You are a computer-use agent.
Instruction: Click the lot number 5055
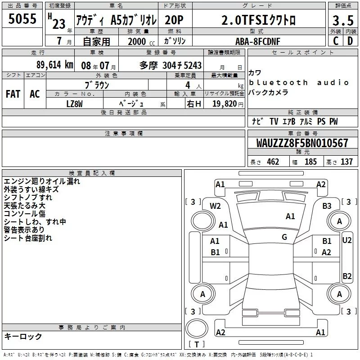click(x=22, y=19)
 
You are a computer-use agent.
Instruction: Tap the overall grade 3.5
click(x=343, y=20)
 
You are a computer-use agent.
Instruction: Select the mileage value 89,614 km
click(x=54, y=65)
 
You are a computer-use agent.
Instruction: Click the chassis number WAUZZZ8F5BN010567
click(x=302, y=143)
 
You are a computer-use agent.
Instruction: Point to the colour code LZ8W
click(x=74, y=104)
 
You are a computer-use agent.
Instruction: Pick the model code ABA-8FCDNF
click(x=258, y=41)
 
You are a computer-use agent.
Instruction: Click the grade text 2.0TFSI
click(x=245, y=20)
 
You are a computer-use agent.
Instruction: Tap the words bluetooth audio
click(x=299, y=82)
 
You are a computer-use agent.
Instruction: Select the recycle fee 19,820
click(x=225, y=104)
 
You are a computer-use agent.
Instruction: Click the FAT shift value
click(x=13, y=94)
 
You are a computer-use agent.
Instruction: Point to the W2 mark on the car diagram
click(x=215, y=206)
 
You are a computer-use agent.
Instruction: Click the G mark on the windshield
click(x=284, y=237)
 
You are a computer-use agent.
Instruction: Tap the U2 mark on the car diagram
click(x=347, y=240)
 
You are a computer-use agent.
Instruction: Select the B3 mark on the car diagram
click(x=327, y=206)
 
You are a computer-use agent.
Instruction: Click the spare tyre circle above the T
click(x=197, y=328)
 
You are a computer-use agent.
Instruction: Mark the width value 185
click(x=310, y=162)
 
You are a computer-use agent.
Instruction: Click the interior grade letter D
click(x=350, y=41)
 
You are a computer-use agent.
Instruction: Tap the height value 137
click(x=346, y=162)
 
